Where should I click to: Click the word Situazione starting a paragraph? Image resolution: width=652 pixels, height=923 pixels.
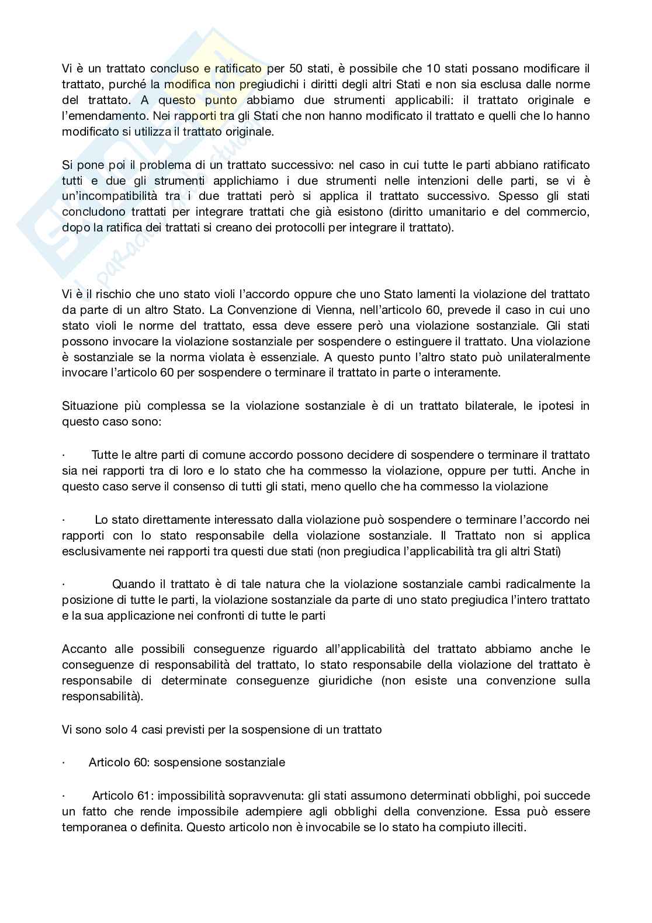[88, 406]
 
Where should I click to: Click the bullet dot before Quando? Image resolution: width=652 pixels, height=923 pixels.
[63, 584]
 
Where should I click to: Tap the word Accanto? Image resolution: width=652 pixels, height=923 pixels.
[84, 649]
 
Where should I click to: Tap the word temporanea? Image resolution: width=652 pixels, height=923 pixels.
[89, 827]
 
